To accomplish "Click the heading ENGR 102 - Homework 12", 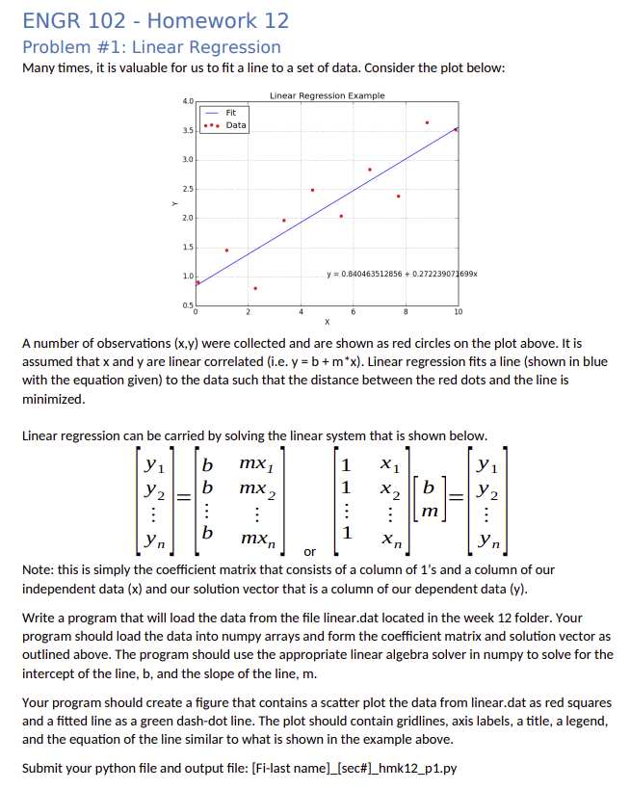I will point(155,20).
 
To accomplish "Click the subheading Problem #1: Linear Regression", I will point(151,47).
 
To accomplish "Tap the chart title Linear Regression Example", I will point(327,95).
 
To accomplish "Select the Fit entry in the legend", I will point(231,113).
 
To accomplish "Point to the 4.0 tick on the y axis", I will point(187,100).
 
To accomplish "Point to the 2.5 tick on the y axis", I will point(187,189).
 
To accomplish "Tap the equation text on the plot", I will point(402,275).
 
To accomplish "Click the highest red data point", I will point(427,122).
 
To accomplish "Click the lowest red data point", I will point(255,288).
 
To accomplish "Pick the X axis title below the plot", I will point(327,321).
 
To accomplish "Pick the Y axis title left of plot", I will point(174,202).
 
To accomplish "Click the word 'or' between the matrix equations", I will point(309,552).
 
